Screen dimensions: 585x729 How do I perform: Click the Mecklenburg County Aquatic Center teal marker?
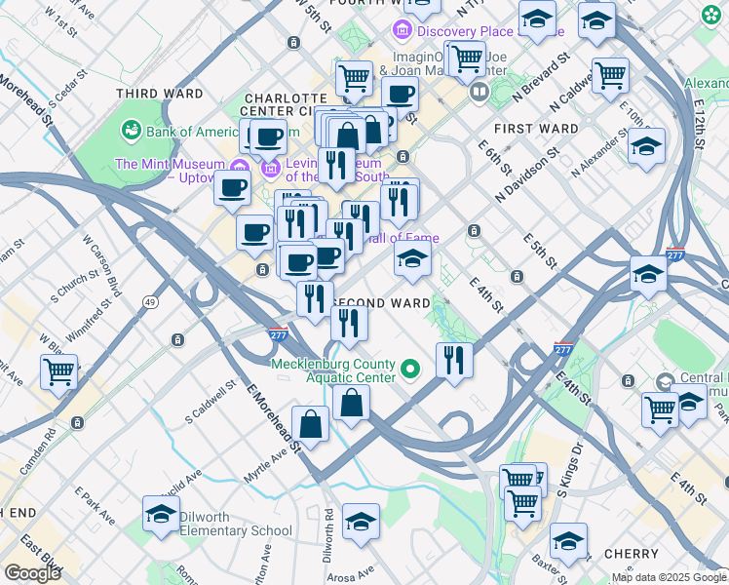[410, 369]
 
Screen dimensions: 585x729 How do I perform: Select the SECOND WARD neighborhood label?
[381, 303]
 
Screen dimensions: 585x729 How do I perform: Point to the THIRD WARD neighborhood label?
[159, 95]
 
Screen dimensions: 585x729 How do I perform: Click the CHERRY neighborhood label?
[632, 554]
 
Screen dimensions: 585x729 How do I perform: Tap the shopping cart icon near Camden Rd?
[59, 371]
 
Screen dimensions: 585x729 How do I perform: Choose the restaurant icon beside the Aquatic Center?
[454, 360]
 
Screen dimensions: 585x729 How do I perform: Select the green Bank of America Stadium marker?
[130, 131]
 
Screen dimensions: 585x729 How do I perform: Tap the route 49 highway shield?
[150, 302]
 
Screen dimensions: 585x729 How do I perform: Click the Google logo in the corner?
[32, 573]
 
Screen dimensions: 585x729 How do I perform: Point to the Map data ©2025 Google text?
[669, 577]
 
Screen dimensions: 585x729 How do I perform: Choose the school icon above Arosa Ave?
[361, 522]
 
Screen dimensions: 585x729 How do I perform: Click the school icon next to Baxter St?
[568, 541]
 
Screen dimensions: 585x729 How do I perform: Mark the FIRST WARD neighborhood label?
[526, 129]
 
